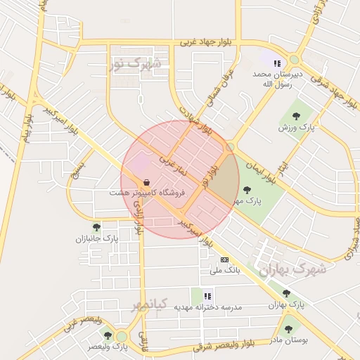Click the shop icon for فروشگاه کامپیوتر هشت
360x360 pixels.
(146, 181)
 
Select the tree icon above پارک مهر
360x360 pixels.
(246, 189)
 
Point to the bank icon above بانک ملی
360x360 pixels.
(224, 259)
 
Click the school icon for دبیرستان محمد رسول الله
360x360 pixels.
(277, 63)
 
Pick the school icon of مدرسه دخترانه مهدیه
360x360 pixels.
(207, 296)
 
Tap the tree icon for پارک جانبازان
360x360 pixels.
(96, 227)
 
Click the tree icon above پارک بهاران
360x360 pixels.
(286, 294)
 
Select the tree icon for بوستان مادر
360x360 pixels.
(288, 328)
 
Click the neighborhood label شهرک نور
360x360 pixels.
(135, 65)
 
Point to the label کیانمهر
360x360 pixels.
(150, 304)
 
